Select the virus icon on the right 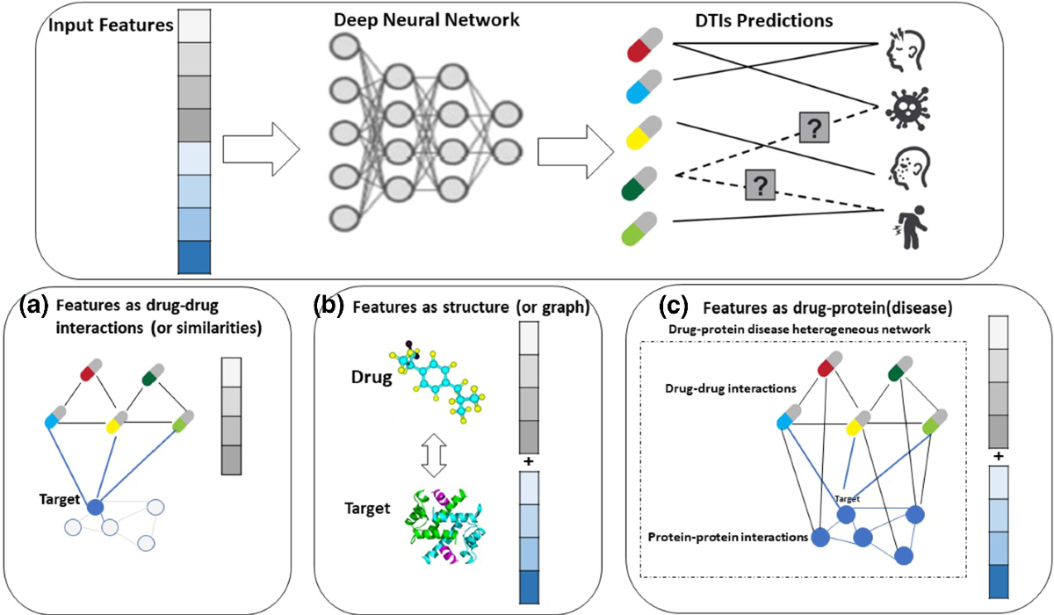(x=902, y=104)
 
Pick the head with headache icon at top (x=902, y=49)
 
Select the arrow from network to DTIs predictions (x=567, y=148)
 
